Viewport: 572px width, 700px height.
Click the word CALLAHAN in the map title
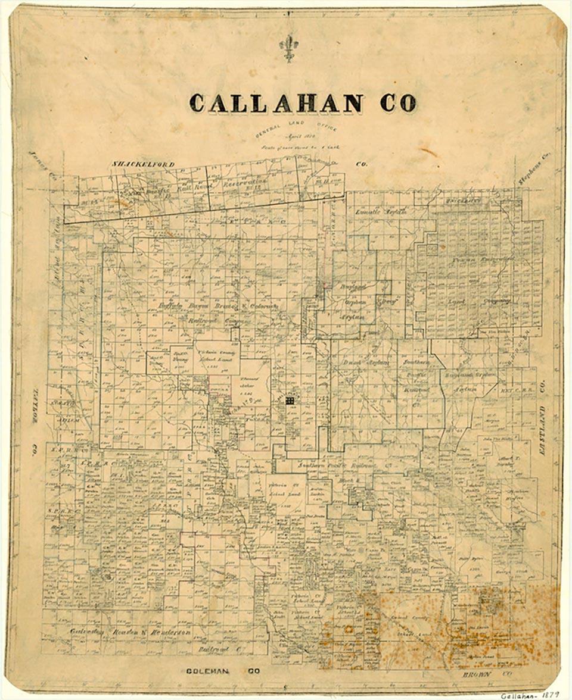[x=276, y=103]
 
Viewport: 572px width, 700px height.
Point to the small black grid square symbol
[x=290, y=402]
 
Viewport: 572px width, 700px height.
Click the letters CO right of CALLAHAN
[x=398, y=103]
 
